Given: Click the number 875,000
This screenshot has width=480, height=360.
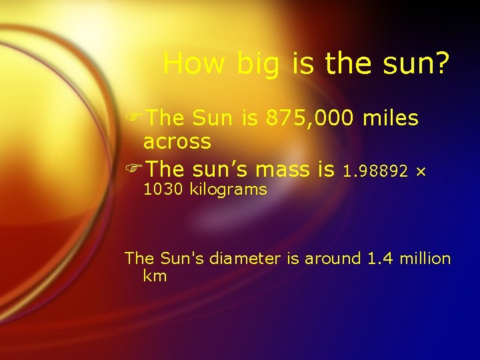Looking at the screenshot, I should [x=310, y=119].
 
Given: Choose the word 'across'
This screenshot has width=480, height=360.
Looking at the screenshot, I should [x=177, y=142].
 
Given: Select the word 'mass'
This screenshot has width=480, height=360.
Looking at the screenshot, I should [x=277, y=170].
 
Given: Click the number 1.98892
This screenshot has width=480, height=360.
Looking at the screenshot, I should [x=375, y=172].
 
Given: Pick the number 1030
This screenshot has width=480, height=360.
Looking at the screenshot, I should [x=163, y=189].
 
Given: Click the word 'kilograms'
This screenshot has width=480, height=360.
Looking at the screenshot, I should [x=228, y=190].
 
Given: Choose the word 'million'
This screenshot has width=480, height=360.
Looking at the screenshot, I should [x=425, y=259].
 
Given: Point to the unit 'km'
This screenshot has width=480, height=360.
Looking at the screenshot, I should [x=155, y=276].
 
